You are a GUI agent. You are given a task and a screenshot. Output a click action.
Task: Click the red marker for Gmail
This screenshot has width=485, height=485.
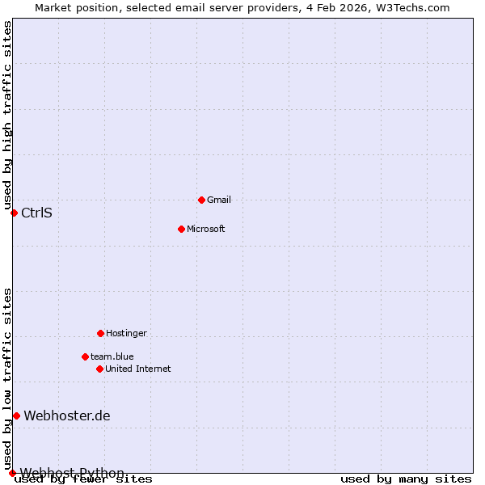[201, 200]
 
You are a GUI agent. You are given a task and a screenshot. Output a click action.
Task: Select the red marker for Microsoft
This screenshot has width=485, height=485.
[181, 229]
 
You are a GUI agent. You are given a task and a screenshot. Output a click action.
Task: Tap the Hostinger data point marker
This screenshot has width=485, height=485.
[100, 333]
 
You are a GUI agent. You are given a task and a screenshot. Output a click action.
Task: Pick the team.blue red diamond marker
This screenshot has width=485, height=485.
[85, 356]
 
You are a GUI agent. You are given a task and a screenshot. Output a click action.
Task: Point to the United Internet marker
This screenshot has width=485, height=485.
[99, 369]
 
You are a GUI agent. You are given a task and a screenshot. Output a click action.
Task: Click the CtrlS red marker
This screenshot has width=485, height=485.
[14, 213]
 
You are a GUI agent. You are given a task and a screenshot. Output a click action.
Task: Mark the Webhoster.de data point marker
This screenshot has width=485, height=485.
[16, 415]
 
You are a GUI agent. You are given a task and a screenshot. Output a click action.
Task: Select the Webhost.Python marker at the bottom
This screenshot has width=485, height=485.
[12, 473]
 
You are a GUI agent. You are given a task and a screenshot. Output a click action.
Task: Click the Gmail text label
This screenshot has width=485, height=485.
[219, 200]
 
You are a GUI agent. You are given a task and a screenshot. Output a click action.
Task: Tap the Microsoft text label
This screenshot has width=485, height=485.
[206, 229]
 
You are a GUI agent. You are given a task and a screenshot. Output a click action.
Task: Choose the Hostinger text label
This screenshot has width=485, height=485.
[127, 333]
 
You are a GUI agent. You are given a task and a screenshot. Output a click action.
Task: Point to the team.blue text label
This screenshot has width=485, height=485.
[112, 356]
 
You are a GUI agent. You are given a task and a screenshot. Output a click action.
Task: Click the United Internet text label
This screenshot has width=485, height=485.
[138, 369]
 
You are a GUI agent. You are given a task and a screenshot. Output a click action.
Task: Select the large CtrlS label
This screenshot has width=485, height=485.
[36, 213]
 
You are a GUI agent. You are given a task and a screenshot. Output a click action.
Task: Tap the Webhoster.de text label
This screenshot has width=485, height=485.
[67, 416]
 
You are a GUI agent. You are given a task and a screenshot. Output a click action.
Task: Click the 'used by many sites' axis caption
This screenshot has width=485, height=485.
[406, 479]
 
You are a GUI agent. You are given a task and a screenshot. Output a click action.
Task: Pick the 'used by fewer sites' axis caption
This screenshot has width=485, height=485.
[84, 479]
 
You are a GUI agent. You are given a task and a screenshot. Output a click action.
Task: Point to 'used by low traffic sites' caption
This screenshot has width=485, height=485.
[7, 378]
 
